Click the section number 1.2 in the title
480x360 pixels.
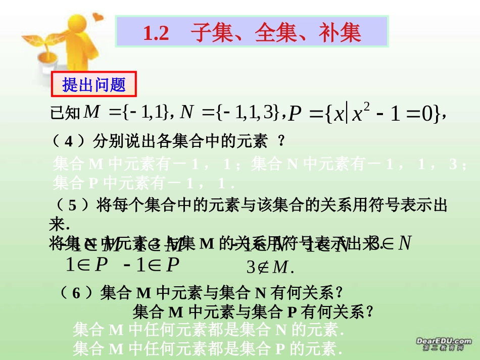tap(156, 33)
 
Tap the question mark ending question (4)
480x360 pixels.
tap(281, 142)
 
